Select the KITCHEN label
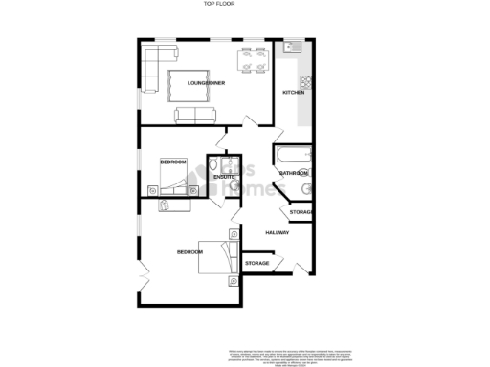(x=293, y=92)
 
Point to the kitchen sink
(x=291, y=48)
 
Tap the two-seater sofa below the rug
(x=195, y=116)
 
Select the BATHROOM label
(x=293, y=173)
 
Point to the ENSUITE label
(x=224, y=177)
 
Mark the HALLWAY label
(x=278, y=232)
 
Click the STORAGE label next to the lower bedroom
(x=256, y=263)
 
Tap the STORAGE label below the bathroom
(x=301, y=211)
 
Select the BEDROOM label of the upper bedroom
(x=172, y=162)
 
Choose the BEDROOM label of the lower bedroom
(x=189, y=251)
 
